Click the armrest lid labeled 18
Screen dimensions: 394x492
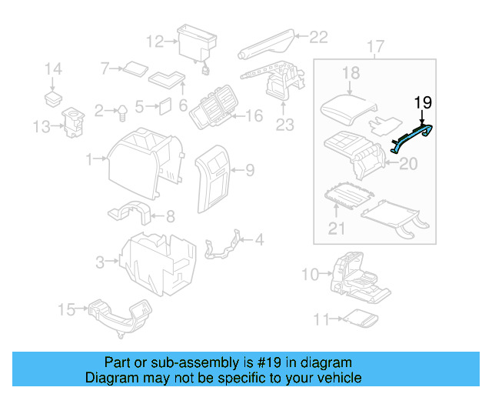(x=347, y=103)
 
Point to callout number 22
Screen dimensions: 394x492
(x=317, y=35)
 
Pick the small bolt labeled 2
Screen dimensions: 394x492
(x=121, y=112)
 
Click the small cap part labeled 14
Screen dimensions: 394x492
(x=52, y=98)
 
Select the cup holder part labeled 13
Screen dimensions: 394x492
(x=75, y=123)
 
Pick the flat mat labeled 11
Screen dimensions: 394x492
(x=357, y=318)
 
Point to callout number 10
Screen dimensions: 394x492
(x=309, y=273)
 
